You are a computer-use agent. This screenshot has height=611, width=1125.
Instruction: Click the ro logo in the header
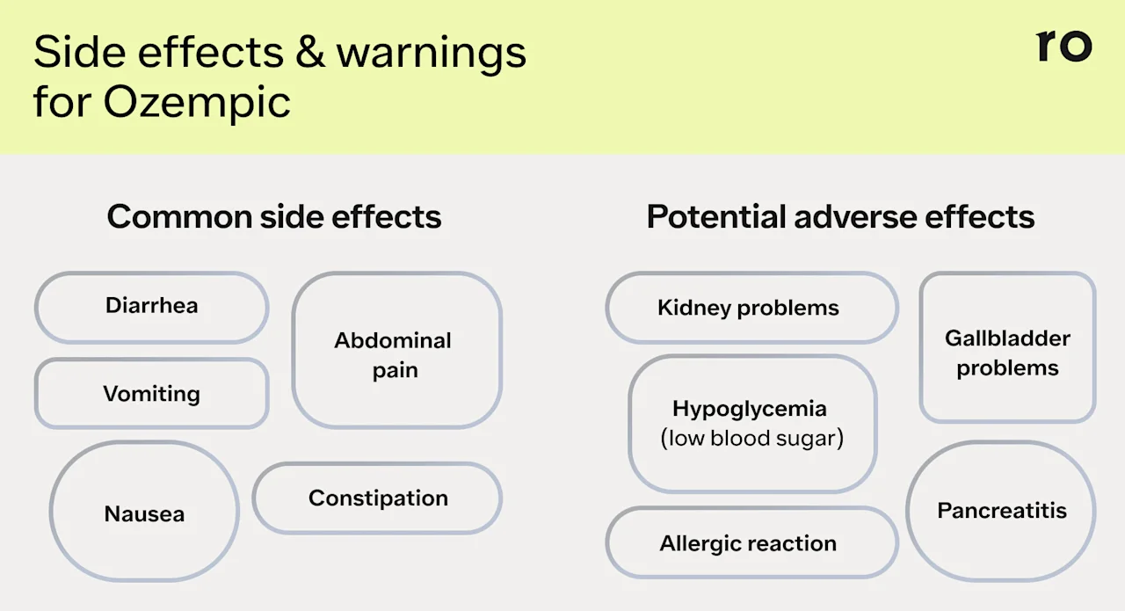[1063, 46]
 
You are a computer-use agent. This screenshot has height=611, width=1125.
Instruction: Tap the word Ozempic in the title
[197, 102]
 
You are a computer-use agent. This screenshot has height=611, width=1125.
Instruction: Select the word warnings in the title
[432, 55]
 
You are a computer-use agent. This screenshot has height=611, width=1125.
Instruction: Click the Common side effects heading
[274, 216]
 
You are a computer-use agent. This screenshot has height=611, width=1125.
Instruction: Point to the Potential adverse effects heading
[840, 216]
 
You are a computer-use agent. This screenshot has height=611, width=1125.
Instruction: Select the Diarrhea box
[151, 306]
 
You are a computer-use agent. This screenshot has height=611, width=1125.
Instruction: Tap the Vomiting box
[151, 393]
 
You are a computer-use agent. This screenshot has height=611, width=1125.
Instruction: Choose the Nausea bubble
[144, 513]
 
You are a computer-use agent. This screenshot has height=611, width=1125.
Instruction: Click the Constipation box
[378, 498]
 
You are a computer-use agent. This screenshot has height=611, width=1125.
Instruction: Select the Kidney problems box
[751, 308]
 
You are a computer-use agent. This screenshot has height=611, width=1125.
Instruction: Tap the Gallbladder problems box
[1007, 348]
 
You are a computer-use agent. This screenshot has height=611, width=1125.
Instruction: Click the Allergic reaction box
[751, 543]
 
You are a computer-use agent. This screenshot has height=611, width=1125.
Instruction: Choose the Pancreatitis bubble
[1001, 511]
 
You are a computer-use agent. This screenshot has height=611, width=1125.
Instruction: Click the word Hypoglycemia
[750, 409]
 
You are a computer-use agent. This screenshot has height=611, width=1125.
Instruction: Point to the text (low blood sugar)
[751, 438]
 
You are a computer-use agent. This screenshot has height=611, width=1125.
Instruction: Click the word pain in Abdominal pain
[395, 370]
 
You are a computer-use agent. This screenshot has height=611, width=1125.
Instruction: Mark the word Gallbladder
[1007, 338]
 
